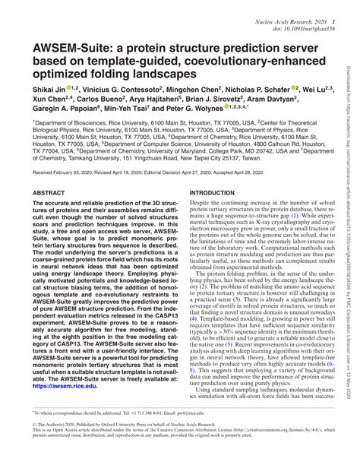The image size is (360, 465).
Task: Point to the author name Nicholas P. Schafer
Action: pos(263,89)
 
